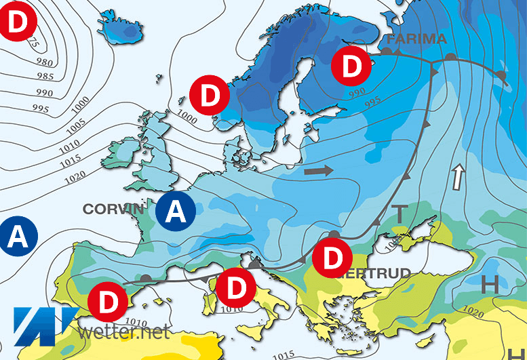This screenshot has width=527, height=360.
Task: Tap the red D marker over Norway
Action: [x=211, y=96]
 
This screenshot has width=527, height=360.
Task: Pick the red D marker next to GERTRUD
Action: [x=332, y=258]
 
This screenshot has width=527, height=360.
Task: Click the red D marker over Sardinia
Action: [x=234, y=287]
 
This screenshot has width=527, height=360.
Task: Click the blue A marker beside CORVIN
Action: [x=176, y=212]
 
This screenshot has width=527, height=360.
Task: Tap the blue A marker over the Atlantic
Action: [x=20, y=236]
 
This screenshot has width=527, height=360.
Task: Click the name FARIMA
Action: [x=417, y=38]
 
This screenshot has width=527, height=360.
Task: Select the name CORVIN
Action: [x=114, y=209]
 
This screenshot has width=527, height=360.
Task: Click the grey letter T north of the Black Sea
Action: [x=400, y=214]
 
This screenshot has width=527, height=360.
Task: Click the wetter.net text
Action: [x=124, y=332]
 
